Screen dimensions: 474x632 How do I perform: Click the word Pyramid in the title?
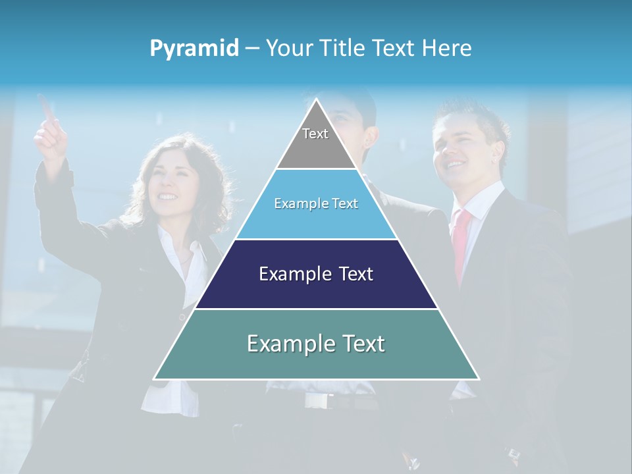(194, 49)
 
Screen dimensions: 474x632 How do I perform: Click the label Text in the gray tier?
(315, 134)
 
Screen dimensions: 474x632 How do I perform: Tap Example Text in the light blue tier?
(316, 203)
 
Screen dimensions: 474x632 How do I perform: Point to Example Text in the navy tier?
(316, 274)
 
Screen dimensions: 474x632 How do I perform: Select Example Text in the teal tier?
(316, 344)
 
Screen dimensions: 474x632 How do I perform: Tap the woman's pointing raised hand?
(50, 132)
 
